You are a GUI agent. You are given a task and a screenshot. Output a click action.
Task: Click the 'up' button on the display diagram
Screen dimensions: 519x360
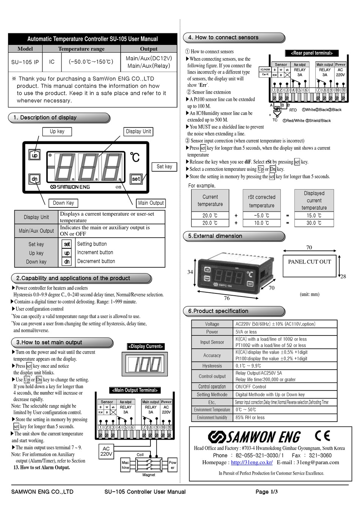pyautogui.click(x=34, y=155)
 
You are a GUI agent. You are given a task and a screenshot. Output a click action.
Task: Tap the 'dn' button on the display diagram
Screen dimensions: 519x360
pyautogui.click(x=34, y=179)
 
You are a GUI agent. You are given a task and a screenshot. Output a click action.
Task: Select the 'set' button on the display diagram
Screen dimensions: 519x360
pyautogui.click(x=136, y=179)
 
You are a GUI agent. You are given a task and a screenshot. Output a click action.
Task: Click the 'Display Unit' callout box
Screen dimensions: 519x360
pyautogui.click(x=138, y=132)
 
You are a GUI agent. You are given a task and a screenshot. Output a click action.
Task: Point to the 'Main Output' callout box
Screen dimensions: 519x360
pyautogui.click(x=151, y=203)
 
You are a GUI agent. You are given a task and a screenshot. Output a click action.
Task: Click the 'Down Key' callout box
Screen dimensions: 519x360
pyautogui.click(x=63, y=203)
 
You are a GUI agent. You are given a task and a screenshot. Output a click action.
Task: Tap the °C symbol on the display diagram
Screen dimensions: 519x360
pyautogui.click(x=135, y=157)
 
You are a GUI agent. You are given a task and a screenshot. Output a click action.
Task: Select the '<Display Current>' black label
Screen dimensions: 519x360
pyautogui.click(x=146, y=346)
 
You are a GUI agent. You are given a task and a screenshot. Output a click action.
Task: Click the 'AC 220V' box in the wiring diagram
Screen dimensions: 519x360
pyautogui.click(x=106, y=451)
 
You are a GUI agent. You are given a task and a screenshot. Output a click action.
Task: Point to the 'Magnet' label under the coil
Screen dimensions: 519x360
pyautogui.click(x=149, y=475)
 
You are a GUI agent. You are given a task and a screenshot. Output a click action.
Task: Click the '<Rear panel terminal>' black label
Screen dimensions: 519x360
pyautogui.click(x=311, y=53)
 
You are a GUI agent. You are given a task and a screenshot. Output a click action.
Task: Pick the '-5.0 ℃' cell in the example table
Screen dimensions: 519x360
pyautogui.click(x=261, y=215)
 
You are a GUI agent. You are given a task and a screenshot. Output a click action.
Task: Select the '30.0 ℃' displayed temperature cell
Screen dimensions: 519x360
pyautogui.click(x=314, y=223)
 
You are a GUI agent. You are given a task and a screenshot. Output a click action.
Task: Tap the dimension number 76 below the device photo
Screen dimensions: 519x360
pyautogui.click(x=227, y=298)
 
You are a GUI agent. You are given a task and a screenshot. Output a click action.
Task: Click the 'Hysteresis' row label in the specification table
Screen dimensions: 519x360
pyautogui.click(x=212, y=366)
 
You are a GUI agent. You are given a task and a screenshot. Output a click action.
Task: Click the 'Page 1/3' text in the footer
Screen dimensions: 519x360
pyautogui.click(x=266, y=492)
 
